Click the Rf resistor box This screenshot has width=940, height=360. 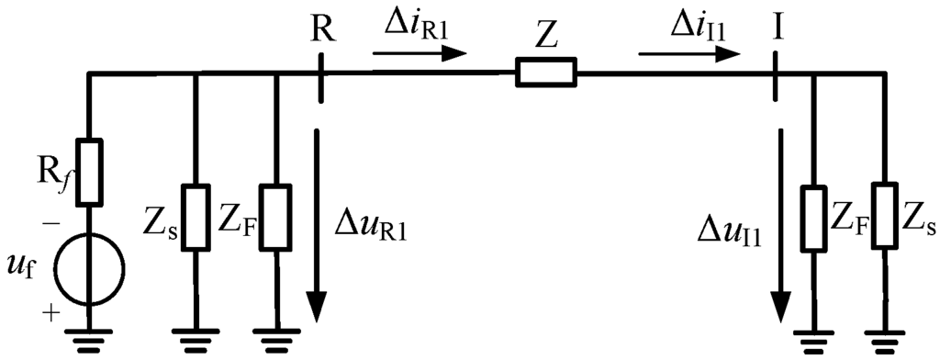point(89,171)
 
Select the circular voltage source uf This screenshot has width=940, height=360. point(89,269)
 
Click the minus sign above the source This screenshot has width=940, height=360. point(51,221)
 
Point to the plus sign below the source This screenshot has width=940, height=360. point(51,312)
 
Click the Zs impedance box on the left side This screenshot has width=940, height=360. point(196,217)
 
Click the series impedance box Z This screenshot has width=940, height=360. point(546,73)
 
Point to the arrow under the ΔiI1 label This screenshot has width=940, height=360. point(688,53)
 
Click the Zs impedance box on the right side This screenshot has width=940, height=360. point(885,217)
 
